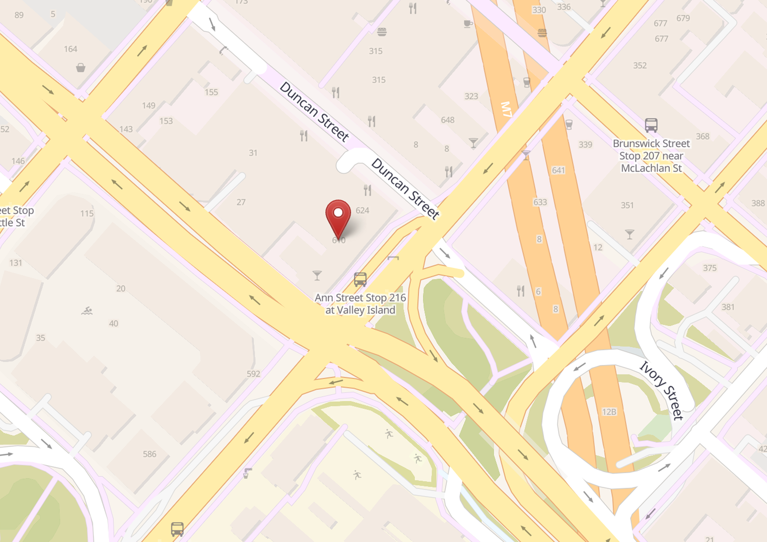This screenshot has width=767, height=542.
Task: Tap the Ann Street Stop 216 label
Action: click(x=360, y=304)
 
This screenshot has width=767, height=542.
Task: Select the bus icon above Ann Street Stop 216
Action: click(x=360, y=279)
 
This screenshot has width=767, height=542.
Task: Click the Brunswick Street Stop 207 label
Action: click(x=651, y=156)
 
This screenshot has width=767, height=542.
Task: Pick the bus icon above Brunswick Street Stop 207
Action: click(x=651, y=125)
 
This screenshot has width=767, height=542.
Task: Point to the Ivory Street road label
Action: click(x=662, y=390)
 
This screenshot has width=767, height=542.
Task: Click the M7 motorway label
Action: click(x=507, y=109)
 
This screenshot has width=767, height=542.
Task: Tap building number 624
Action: click(x=362, y=210)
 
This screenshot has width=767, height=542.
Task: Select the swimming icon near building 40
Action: click(x=87, y=311)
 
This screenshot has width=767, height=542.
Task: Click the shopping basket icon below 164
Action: click(x=81, y=68)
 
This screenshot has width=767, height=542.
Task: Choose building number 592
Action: click(x=253, y=374)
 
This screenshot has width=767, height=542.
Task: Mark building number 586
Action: click(x=149, y=454)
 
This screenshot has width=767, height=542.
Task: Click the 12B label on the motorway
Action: click(x=609, y=412)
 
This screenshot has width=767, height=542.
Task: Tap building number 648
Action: click(x=448, y=120)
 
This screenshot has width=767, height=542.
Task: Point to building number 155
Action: click(x=211, y=92)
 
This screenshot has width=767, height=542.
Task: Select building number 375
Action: click(x=709, y=268)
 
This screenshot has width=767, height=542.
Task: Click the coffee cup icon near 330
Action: click(x=468, y=24)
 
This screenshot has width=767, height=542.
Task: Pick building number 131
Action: click(x=16, y=263)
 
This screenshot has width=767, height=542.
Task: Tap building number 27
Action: click(x=241, y=202)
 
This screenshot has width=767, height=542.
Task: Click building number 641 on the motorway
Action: click(x=558, y=170)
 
